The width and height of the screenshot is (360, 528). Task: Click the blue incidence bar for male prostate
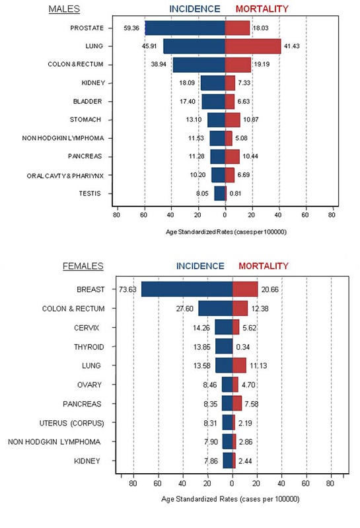pos(185,28)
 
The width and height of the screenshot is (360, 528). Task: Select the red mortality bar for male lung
pos(253,46)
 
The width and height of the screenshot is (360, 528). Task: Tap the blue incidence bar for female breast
pos(187,289)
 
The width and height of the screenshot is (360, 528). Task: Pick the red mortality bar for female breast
pos(245,289)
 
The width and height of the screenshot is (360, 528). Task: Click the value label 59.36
pos(132,28)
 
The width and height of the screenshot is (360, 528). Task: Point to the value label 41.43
pos(293,46)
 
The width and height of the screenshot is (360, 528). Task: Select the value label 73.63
pos(127,289)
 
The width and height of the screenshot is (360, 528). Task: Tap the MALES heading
pos(64,9)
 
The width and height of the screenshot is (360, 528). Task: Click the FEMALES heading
pos(83,266)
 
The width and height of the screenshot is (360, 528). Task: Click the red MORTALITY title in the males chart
pos(262,9)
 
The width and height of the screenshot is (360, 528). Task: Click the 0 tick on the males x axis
pos(225,214)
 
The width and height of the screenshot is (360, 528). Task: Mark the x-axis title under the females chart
pos(230,498)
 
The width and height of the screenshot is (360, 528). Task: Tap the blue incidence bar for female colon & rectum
pos(215,309)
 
